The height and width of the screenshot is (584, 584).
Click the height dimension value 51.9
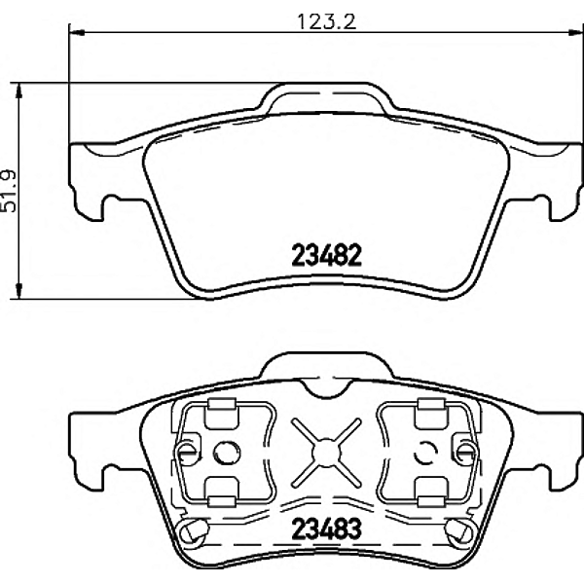coord(10,190)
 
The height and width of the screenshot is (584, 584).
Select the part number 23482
coord(326,256)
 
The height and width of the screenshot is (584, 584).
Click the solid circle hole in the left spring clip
coord(226,451)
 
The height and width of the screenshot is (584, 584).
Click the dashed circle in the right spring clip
coord(425,452)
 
